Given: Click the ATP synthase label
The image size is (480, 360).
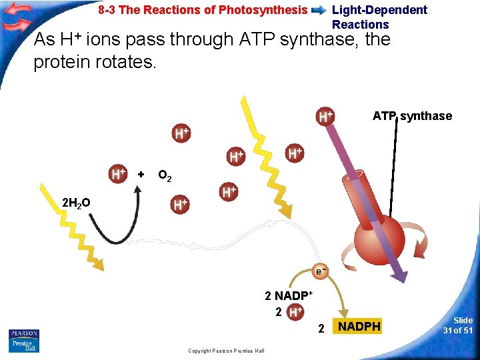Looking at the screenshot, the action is (412, 116).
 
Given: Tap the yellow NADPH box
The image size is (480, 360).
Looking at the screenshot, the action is (359, 327).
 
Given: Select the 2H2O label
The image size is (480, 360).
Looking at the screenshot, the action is (76, 202).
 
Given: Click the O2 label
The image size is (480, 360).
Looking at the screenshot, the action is (165, 176).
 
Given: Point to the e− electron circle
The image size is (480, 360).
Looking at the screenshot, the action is (321, 271).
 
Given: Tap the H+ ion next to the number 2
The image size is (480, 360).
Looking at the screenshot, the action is (296, 312).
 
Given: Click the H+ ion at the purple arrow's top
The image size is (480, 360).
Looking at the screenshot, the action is (325, 116).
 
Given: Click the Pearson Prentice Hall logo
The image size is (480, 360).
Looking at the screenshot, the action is (24, 341).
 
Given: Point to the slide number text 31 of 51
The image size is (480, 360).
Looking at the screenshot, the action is (459, 325).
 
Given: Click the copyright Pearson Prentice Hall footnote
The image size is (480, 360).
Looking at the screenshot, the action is (226, 351).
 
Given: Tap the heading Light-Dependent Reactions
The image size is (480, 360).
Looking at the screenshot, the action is (379, 17).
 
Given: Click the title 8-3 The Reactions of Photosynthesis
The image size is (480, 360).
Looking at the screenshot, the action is (203, 10).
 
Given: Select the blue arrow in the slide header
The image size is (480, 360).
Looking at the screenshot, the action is (319, 11).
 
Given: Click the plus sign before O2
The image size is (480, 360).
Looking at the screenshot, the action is (141, 175).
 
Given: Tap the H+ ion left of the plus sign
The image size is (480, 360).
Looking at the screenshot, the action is (118, 174).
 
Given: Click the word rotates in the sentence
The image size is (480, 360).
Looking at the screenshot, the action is (114, 63).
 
